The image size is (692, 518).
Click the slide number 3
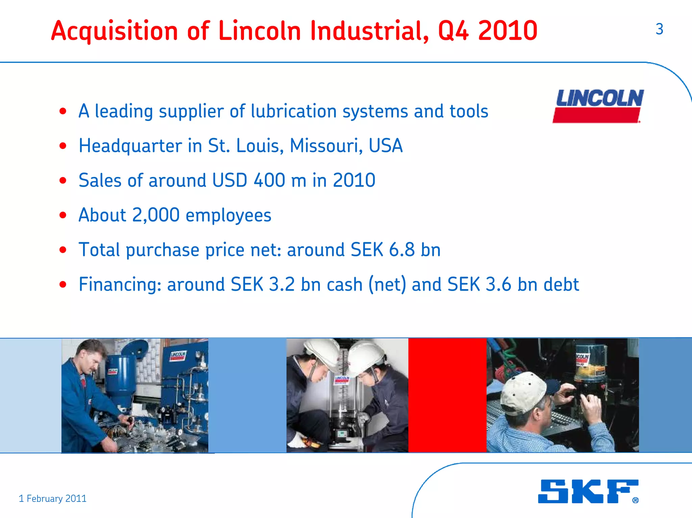[x=659, y=29]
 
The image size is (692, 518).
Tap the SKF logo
[x=588, y=491]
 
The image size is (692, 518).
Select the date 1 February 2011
[x=53, y=498]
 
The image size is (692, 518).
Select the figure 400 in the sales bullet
[x=269, y=180]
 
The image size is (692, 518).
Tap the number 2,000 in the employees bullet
[x=156, y=215]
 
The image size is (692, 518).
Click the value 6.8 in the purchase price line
[x=401, y=250]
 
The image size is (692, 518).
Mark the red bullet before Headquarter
[x=63, y=146]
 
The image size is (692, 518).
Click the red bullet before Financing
[x=63, y=284]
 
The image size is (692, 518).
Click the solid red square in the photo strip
[x=447, y=395]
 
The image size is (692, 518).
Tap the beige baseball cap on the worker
[x=522, y=392]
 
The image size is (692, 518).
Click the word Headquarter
[x=130, y=146]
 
